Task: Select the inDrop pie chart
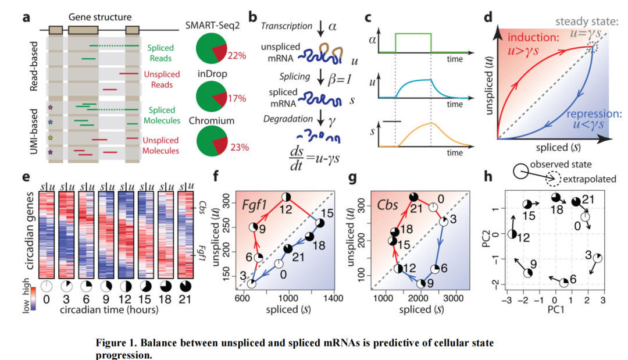coord(212,97)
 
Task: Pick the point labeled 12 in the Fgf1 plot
coord(286,197)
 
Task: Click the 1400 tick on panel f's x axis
coord(333,298)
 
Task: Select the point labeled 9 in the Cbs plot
coord(421,283)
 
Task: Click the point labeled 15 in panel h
coord(527,204)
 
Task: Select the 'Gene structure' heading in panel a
coord(92,17)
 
